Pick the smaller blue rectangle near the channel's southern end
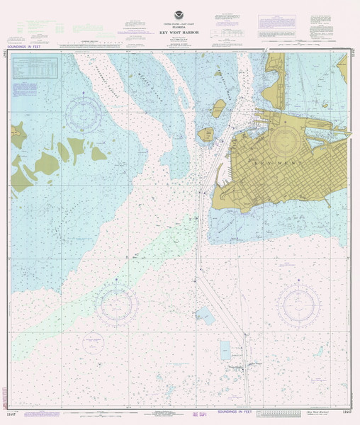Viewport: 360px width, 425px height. pyautogui.click(x=225, y=349)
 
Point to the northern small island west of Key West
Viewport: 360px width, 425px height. pyautogui.click(x=220, y=108)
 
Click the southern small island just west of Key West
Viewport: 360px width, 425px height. pyautogui.click(x=206, y=132)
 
